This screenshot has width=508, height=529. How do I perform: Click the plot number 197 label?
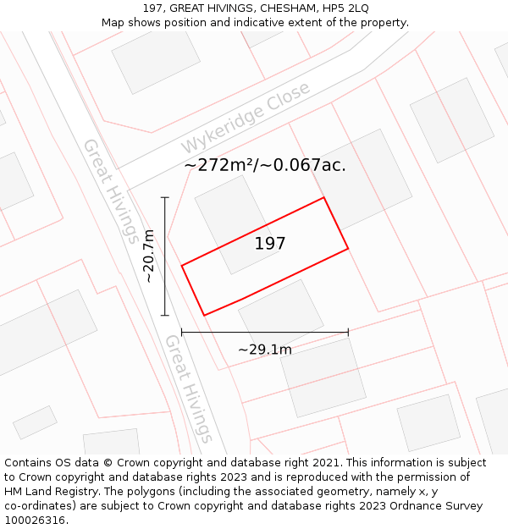270,244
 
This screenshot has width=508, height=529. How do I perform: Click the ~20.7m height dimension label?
149,256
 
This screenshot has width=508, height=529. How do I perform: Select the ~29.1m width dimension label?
264,350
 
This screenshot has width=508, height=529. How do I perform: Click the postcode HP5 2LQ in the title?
348,8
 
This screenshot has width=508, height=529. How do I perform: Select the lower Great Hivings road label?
188,388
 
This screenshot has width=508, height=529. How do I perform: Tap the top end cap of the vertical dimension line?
165,197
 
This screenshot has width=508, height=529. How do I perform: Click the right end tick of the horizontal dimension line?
348,333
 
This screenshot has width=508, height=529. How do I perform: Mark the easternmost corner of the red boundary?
348,249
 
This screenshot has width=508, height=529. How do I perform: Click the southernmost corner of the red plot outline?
204,316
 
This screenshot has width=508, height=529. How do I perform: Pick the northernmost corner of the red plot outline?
324,198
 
